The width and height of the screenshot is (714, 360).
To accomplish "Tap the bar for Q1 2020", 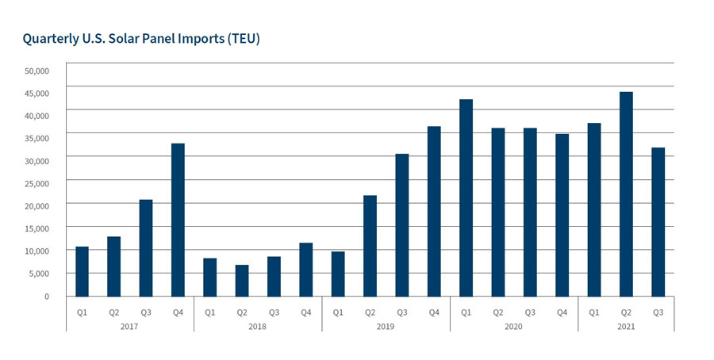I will (466, 197).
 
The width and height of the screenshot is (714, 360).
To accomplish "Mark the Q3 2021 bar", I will (658, 222).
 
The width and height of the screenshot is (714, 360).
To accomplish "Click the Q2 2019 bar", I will (370, 246).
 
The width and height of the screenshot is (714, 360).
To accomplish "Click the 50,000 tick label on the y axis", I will (36, 71).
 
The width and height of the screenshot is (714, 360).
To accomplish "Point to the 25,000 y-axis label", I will (36, 183).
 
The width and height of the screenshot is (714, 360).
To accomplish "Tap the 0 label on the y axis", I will (46, 296).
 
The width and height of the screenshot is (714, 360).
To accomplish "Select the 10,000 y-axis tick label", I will (36, 251).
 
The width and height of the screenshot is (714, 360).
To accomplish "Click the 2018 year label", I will (258, 327).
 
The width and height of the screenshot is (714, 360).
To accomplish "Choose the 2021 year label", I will (626, 327).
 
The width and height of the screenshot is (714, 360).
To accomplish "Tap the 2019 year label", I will (386, 327).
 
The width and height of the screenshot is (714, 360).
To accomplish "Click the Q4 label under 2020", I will (562, 312).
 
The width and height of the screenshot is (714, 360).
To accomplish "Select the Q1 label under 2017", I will (82, 312).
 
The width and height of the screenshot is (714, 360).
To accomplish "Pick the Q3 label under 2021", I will (658, 312).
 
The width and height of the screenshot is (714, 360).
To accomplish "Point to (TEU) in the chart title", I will (241, 39).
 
